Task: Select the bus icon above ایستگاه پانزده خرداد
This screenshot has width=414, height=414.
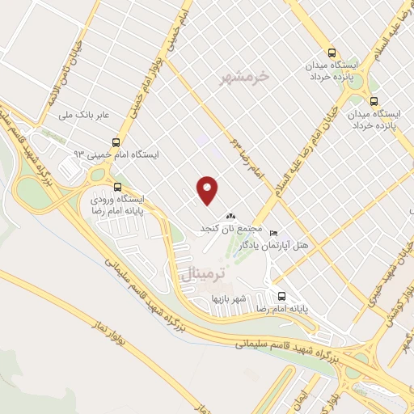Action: click(x=373, y=102)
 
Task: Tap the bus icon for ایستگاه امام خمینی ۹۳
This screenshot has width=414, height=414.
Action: click(x=117, y=142)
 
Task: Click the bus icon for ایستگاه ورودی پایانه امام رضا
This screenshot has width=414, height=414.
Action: click(x=118, y=186)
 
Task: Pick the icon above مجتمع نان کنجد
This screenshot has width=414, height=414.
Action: click(x=231, y=217)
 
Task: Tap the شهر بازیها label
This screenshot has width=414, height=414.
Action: click(x=228, y=299)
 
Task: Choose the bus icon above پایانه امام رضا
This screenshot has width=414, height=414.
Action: click(x=281, y=296)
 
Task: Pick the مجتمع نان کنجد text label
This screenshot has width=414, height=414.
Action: click(x=231, y=230)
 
